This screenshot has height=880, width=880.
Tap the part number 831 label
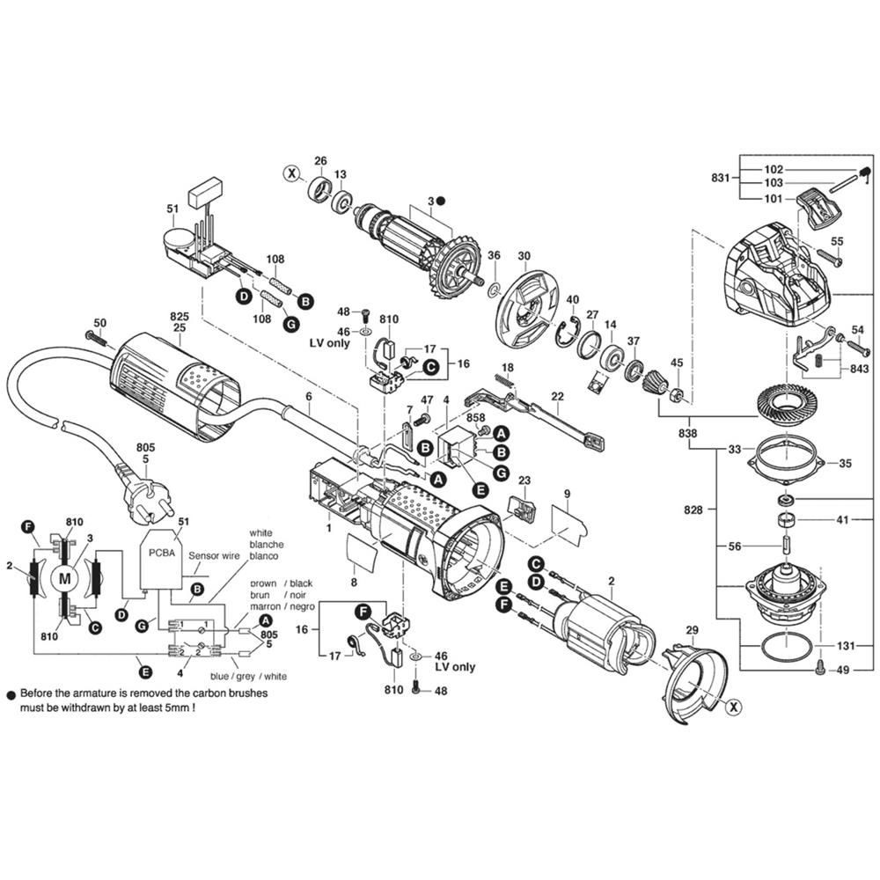(720, 178)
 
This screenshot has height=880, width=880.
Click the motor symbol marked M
(65, 578)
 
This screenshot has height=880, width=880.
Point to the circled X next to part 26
(292, 173)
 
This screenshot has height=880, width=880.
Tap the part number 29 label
(692, 631)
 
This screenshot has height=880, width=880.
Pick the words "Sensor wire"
(214, 555)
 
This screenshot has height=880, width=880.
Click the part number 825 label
(179, 317)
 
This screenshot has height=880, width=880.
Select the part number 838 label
(687, 433)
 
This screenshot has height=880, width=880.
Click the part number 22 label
(557, 396)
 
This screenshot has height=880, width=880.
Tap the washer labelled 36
(494, 290)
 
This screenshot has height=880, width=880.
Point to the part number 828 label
(693, 510)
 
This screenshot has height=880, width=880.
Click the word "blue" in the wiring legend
(219, 676)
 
